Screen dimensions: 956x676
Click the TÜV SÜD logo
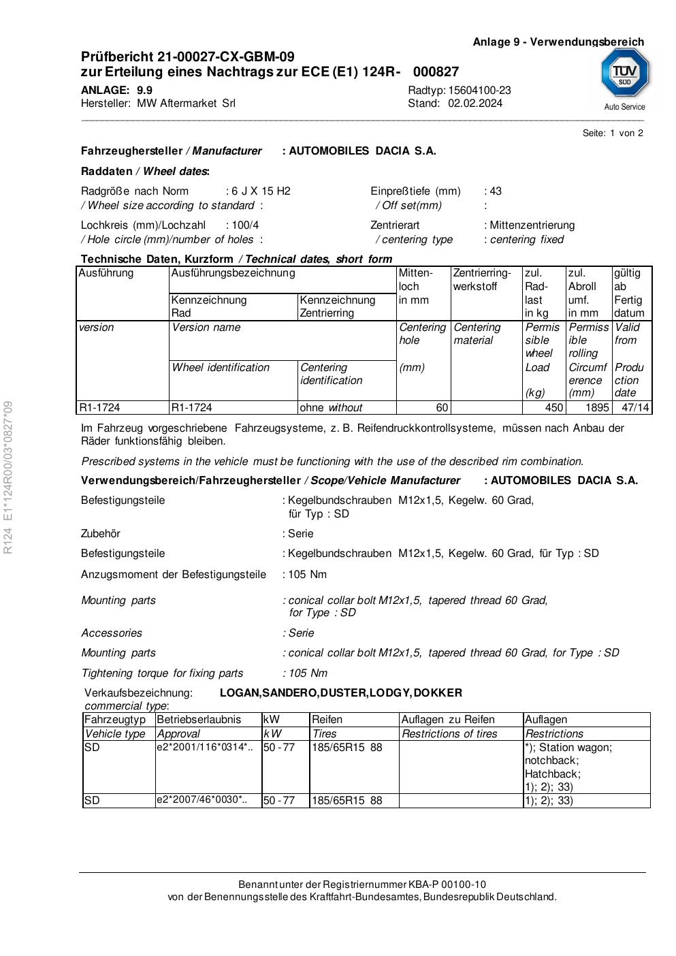pyautogui.click(x=624, y=74)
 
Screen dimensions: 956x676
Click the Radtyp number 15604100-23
pyautogui.click(x=479, y=91)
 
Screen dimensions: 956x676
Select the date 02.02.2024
pyautogui.click(x=475, y=103)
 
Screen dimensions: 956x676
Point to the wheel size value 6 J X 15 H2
pyautogui.click(x=261, y=191)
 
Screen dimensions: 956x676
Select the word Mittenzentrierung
pyautogui.click(x=532, y=225)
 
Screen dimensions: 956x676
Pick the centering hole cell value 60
pyautogui.click(x=442, y=408)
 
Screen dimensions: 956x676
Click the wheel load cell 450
pyautogui.click(x=554, y=408)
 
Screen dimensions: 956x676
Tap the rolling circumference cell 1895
pyautogui.click(x=597, y=408)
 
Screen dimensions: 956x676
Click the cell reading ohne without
pyautogui.click(x=331, y=408)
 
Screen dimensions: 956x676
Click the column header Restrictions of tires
pyautogui.click(x=449, y=734)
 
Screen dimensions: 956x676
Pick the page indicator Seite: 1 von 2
pyautogui.click(x=613, y=133)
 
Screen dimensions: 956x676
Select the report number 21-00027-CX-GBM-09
pyautogui.click(x=226, y=57)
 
